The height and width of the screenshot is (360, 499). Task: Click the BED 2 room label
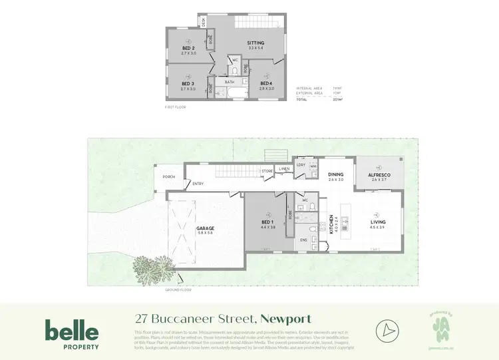click(188, 49)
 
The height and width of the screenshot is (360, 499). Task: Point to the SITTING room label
click(256, 43)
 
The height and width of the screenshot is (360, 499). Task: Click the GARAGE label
click(205, 228)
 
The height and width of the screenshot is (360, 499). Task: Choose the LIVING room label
click(377, 222)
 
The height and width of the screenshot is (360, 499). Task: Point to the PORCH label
click(169, 177)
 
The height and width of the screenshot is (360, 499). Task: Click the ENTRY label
click(198, 184)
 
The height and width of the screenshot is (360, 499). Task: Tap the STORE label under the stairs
click(267, 171)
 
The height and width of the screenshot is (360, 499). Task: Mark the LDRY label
click(301, 164)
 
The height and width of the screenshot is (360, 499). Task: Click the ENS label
click(304, 240)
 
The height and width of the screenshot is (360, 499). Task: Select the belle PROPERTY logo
click(72, 335)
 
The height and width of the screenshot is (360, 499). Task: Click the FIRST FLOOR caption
click(176, 106)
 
